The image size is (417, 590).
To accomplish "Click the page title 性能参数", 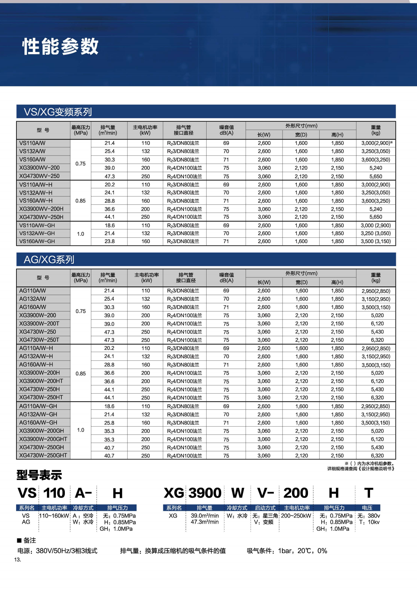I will (x=60, y=46).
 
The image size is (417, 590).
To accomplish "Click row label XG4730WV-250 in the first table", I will (x=39, y=176).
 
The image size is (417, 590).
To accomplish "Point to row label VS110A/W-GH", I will (x=37, y=225).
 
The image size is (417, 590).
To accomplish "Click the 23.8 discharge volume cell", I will (x=110, y=241).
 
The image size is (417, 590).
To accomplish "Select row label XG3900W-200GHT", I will (x=43, y=439).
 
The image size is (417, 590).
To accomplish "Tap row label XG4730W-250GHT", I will (x=43, y=455).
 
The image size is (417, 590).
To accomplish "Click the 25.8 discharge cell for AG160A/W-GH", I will (x=109, y=423).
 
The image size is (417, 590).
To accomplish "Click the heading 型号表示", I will (x=39, y=475).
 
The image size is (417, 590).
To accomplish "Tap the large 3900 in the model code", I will (x=205, y=493).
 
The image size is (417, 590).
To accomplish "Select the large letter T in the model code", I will (x=369, y=493).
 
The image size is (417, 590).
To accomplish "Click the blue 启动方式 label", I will (x=265, y=508).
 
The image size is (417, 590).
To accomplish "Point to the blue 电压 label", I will (x=367, y=508).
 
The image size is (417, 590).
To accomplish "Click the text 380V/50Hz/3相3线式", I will (x=67, y=551).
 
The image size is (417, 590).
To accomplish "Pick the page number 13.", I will (x=18, y=560).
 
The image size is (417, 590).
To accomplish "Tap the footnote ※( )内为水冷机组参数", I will (x=370, y=463).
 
